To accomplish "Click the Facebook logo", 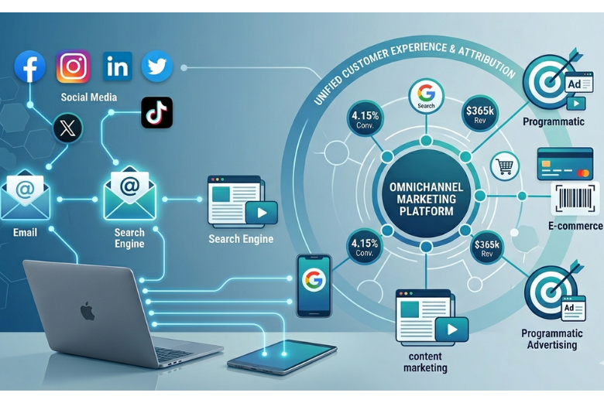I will coord(31,67).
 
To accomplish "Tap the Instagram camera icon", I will coord(74,67).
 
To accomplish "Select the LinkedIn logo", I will coord(118,67).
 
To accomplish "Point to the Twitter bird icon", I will coord(157,67).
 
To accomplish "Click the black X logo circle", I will coord(67,128).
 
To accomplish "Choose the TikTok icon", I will coord(157,113).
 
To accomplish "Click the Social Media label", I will coord(89,97).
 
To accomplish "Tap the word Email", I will coord(25,232).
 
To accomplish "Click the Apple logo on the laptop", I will coord(88,312).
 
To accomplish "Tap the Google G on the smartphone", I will coord(314,280).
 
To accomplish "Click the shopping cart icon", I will coord(505,166).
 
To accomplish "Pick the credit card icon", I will coord(565,164).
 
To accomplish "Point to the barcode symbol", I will coord(574,199).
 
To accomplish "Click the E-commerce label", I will coord(574,226).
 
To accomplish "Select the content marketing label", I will coord(425,362).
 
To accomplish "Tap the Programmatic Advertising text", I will coord(551,339).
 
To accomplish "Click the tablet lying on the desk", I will coord(282,357).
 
